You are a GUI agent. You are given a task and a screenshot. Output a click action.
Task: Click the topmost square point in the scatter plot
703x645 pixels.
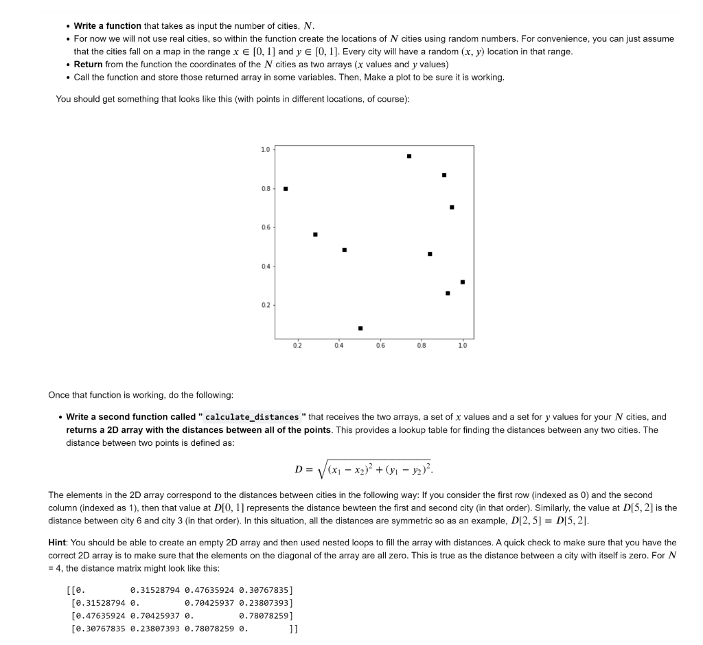click(x=409, y=156)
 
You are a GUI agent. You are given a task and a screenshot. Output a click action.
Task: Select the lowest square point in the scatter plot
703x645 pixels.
click(x=360, y=328)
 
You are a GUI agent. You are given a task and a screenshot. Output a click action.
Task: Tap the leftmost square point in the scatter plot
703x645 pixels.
click(x=286, y=189)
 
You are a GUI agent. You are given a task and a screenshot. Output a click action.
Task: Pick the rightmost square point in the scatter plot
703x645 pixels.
click(x=462, y=282)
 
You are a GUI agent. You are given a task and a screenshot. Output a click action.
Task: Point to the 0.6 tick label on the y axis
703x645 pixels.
click(x=266, y=227)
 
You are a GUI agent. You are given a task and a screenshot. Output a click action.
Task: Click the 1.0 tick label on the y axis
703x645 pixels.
click(x=266, y=149)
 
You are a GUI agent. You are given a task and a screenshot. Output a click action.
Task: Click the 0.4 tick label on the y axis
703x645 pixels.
click(x=266, y=267)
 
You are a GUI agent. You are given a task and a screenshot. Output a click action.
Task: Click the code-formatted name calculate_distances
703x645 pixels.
click(x=252, y=417)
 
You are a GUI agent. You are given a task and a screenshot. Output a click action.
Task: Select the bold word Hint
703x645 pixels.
click(x=59, y=543)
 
